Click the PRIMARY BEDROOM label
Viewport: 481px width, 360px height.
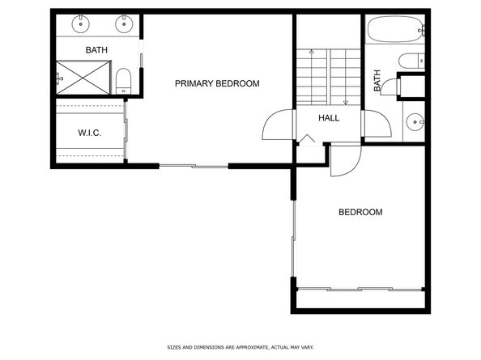point(217,83)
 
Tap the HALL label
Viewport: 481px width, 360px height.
point(329,118)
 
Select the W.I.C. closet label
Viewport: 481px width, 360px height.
point(89,133)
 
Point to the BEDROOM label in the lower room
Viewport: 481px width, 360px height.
point(360,212)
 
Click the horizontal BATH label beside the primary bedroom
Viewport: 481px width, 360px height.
point(97,50)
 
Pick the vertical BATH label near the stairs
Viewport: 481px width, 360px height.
point(377,81)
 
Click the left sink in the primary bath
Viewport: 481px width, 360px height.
point(82,23)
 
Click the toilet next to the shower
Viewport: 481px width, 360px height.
point(124,79)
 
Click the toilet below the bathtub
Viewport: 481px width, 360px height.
point(411,61)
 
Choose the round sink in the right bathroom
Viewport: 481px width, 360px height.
point(415,123)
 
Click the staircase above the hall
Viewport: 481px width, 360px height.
point(327,77)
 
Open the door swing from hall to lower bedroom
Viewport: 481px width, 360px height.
point(341,159)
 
